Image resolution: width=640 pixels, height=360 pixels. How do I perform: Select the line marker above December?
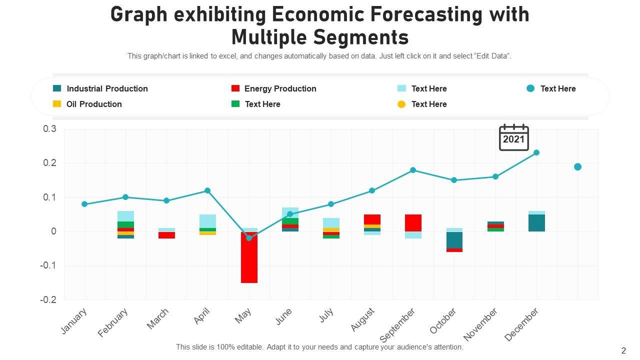(536, 152)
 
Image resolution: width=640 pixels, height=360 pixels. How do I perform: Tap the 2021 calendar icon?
(513, 137)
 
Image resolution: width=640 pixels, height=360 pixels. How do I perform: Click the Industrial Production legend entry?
(107, 88)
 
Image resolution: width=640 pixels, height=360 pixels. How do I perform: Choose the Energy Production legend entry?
(280, 88)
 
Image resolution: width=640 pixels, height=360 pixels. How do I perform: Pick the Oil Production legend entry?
(94, 104)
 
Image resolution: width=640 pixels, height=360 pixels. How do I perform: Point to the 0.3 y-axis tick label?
(50, 129)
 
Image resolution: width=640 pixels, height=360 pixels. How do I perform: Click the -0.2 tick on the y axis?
(48, 299)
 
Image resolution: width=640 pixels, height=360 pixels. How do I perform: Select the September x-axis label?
(398, 325)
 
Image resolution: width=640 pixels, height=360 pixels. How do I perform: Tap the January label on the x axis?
(74, 321)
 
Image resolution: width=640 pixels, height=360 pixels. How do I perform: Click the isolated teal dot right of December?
(577, 166)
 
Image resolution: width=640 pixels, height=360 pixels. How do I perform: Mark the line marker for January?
(84, 204)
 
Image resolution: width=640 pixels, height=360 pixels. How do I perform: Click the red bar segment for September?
(413, 222)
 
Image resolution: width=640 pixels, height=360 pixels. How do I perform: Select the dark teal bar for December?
(536, 223)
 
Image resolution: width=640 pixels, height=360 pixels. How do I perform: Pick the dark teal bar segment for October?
(454, 240)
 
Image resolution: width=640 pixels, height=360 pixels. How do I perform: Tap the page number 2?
(623, 350)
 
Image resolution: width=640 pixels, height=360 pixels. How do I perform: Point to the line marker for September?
(413, 170)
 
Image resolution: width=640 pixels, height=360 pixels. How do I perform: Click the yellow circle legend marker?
(401, 104)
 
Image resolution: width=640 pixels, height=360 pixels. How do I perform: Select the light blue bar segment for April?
(207, 221)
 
